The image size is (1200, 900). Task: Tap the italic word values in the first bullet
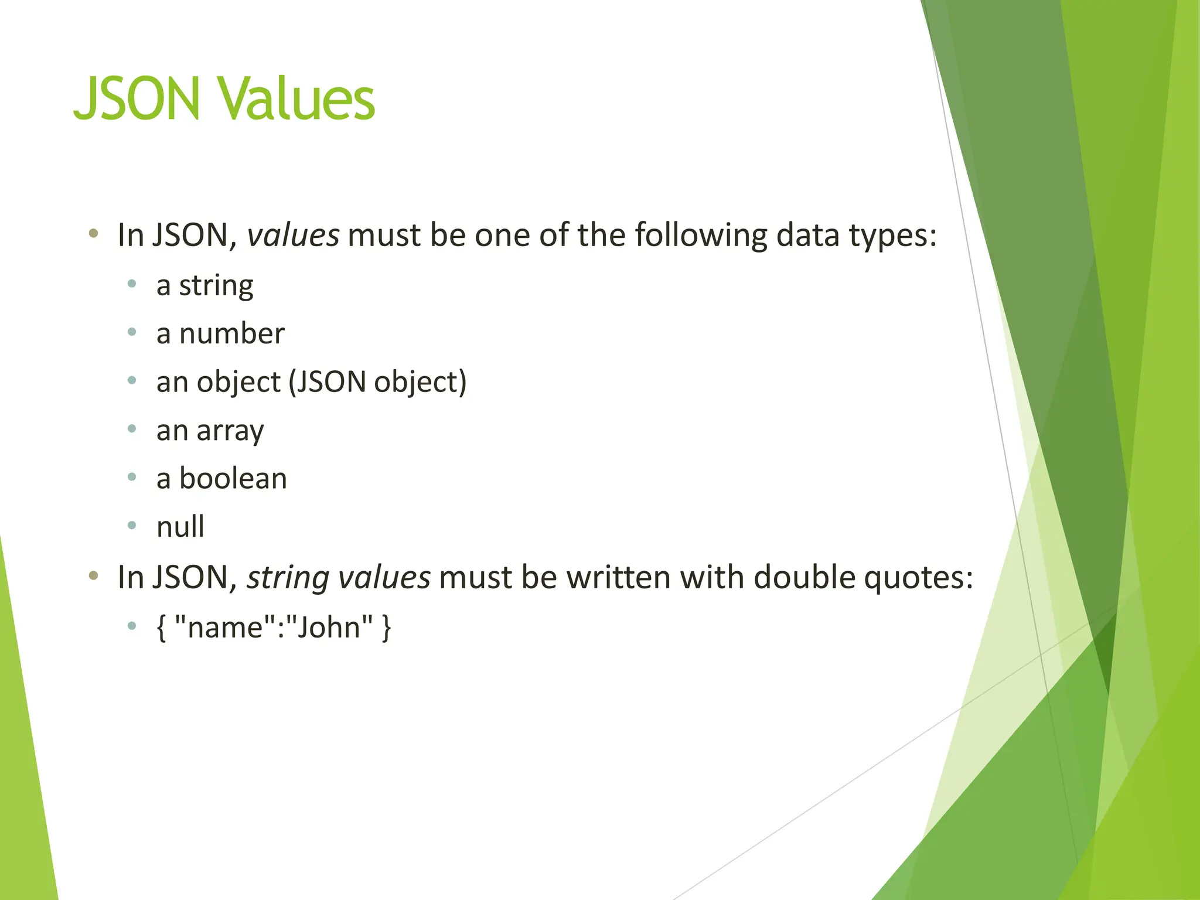[292, 236]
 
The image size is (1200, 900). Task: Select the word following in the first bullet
[701, 236]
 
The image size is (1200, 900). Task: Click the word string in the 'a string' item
[216, 287]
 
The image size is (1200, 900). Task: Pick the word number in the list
[231, 334]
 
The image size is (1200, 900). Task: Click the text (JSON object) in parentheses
[378, 383]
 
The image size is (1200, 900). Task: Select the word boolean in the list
[233, 479]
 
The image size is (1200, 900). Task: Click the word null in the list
[180, 527]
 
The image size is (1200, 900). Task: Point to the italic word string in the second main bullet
[288, 578]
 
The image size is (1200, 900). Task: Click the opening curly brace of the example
[162, 628]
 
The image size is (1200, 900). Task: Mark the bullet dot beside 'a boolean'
[132, 478]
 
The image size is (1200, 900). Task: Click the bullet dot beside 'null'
[132, 526]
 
